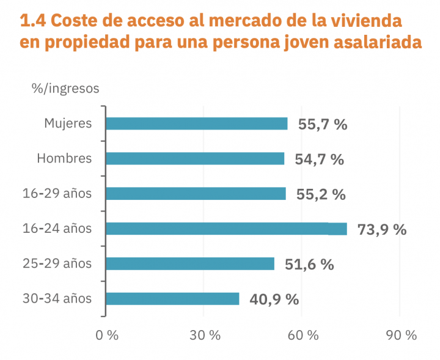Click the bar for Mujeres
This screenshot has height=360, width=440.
tap(197, 123)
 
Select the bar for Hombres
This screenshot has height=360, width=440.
tap(195, 158)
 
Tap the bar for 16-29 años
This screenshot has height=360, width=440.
tap(196, 194)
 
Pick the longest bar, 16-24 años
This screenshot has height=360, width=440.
tap(226, 229)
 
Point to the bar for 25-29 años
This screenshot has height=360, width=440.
tap(190, 264)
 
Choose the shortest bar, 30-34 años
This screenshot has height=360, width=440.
tap(172, 299)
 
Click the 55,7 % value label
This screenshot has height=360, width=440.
tap(323, 125)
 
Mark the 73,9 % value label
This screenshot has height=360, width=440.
tap(382, 230)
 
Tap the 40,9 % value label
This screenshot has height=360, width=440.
tap(274, 300)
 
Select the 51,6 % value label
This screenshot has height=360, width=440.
tap(309, 265)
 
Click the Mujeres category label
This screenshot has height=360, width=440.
tap(68, 123)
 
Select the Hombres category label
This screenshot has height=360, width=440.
tap(64, 158)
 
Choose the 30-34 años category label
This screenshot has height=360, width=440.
tap(57, 299)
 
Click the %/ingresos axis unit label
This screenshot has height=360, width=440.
tap(65, 88)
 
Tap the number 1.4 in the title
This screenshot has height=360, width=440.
tap(32, 21)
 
